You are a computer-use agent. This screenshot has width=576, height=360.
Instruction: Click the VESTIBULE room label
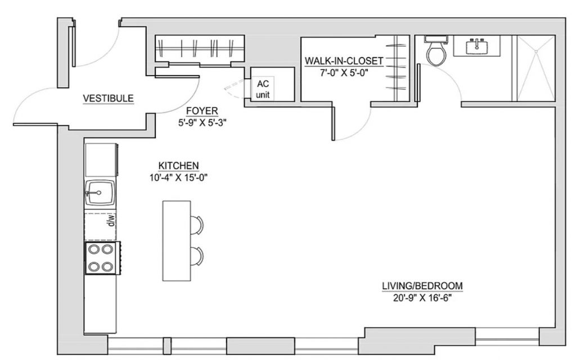pos(108,98)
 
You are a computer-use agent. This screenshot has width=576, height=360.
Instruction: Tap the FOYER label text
pos(202,111)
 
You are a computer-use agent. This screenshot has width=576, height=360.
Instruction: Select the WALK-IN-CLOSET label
pos(344,61)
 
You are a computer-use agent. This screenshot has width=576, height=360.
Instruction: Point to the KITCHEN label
pos(178,166)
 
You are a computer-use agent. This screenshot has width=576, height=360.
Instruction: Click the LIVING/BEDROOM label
pos(422,286)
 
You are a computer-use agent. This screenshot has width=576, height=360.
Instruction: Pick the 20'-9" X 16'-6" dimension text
pos(422,298)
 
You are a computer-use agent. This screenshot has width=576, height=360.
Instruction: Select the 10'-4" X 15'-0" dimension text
pos(178,178)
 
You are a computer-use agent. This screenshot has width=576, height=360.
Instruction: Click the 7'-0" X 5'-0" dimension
pos(344,73)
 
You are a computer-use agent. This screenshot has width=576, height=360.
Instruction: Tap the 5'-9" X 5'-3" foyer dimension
pos(202,123)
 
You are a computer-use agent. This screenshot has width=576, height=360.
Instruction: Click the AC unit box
pos(273,84)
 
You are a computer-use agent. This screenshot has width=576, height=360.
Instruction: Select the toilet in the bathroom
pos(436,51)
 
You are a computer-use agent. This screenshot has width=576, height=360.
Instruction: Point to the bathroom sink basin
pos(477,47)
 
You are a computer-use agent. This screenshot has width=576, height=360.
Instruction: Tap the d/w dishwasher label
pos(111,221)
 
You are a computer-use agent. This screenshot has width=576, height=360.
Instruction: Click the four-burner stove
pos(102,258)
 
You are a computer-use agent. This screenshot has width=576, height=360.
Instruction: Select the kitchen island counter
pos(177,241)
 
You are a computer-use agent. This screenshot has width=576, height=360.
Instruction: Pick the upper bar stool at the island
pos(197,225)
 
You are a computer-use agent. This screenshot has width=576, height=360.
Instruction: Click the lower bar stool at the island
pos(197,256)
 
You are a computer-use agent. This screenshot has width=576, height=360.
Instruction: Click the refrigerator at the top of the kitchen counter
pos(101,160)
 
